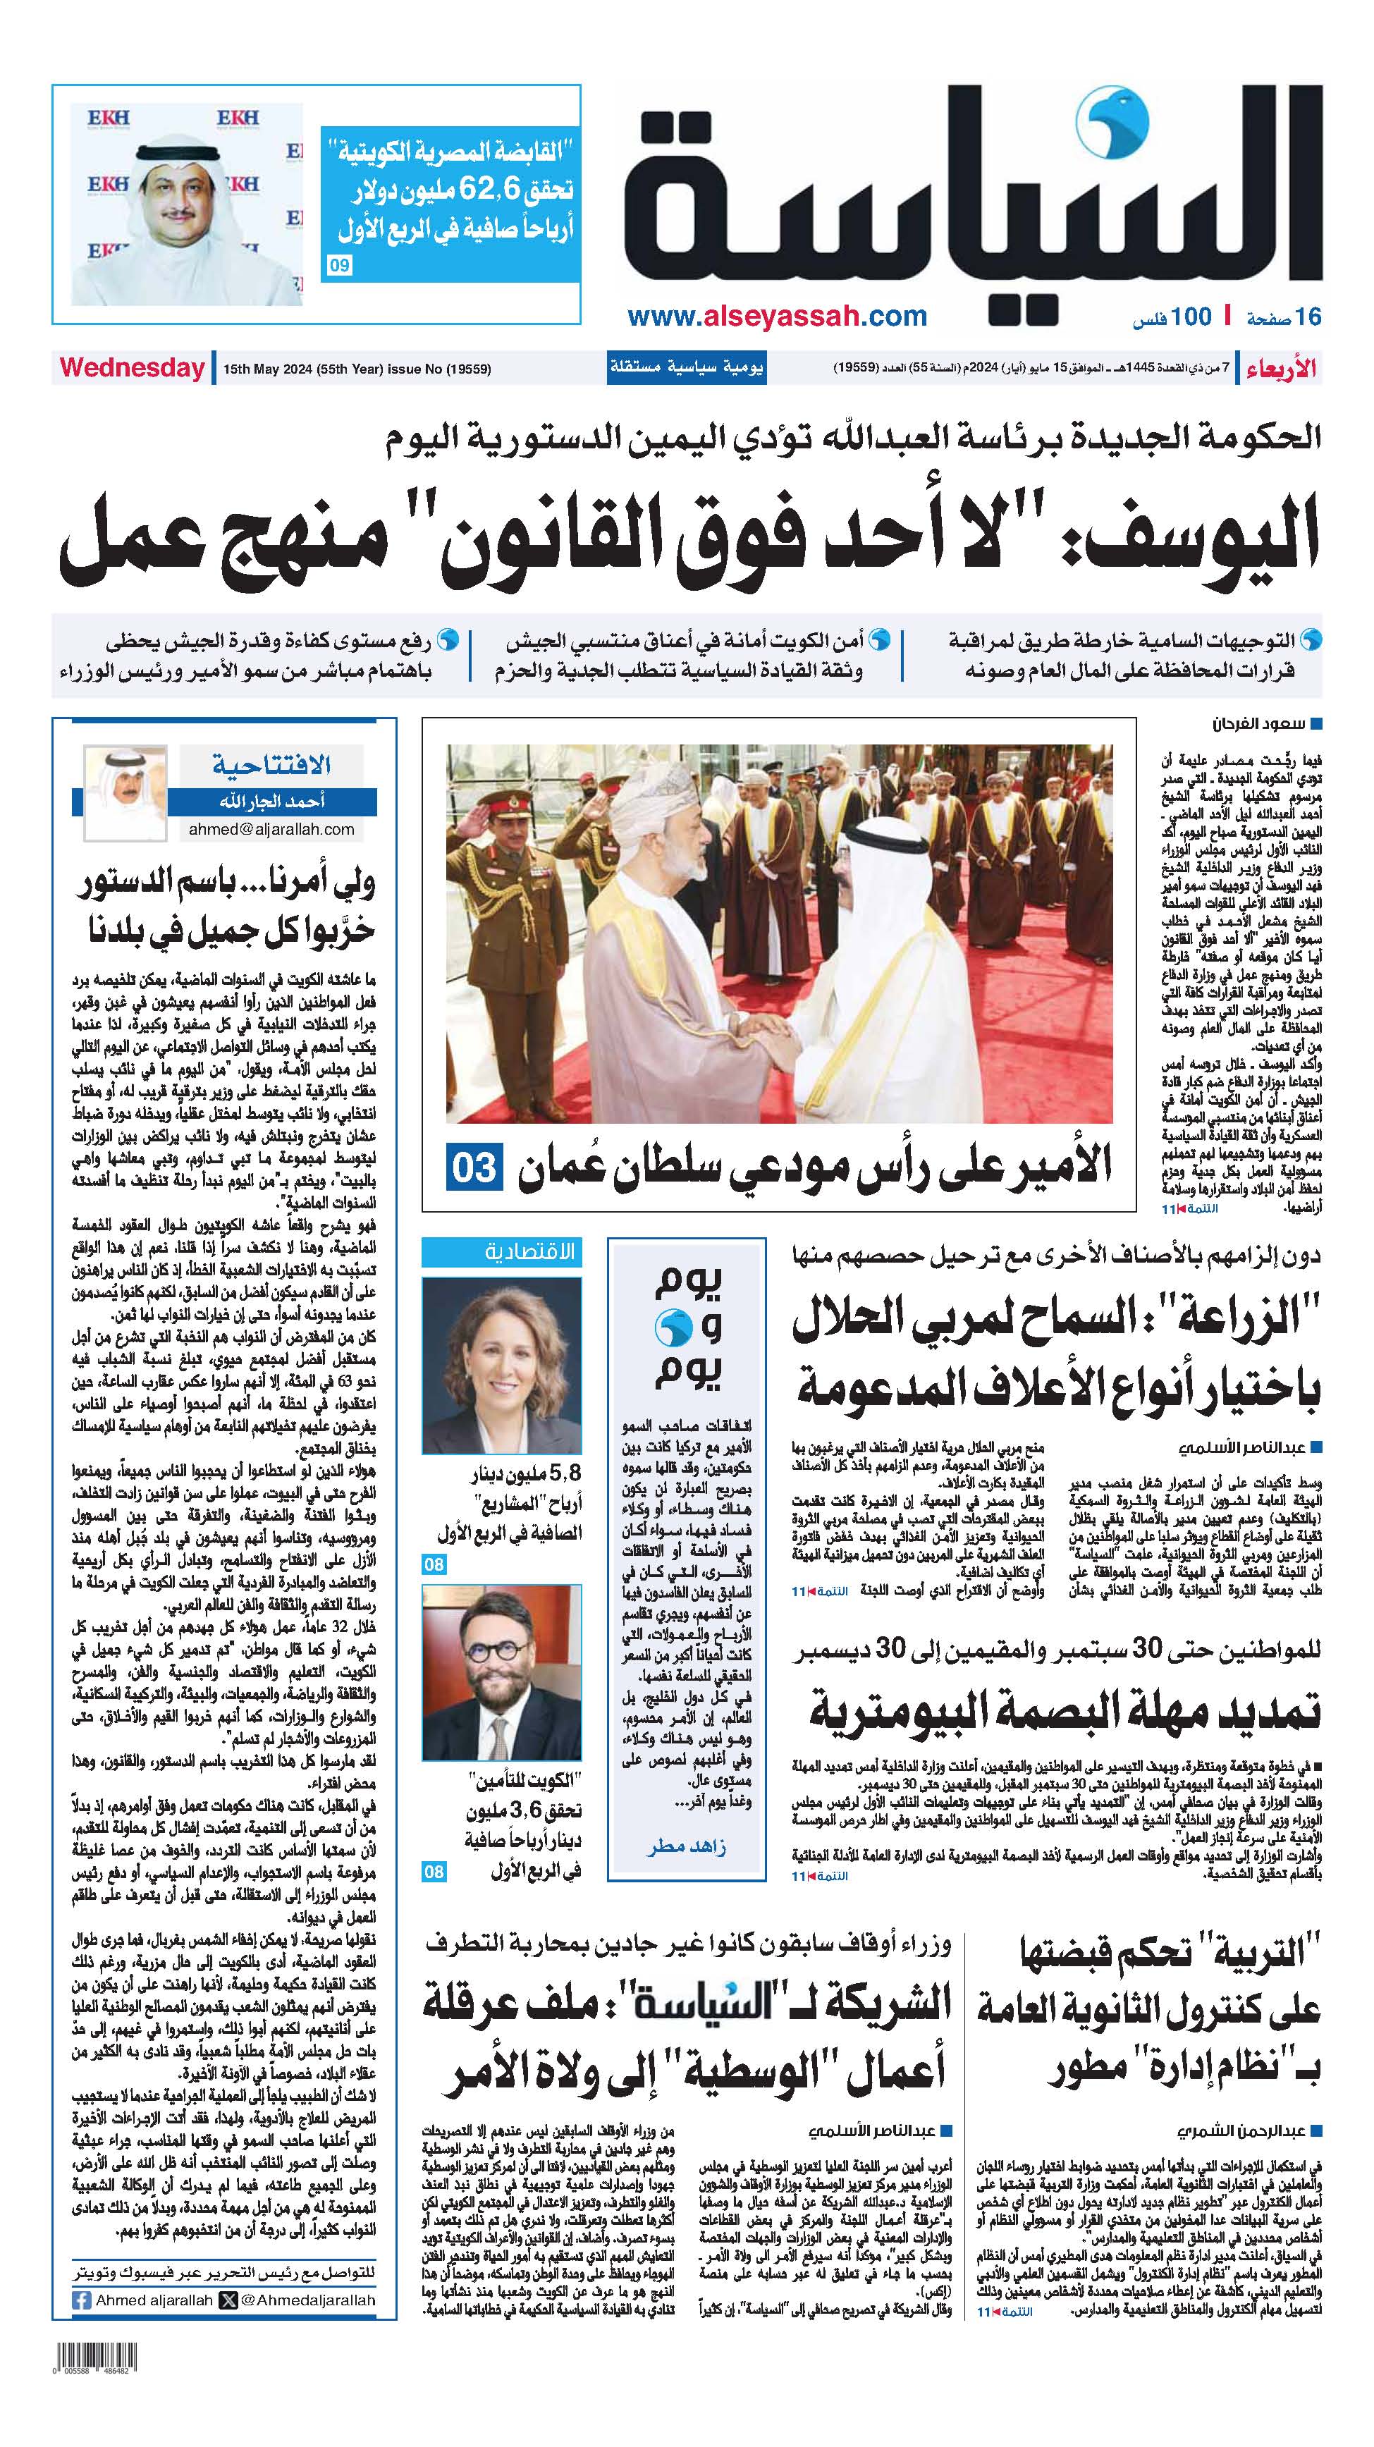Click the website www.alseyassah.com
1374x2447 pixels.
[x=776, y=317]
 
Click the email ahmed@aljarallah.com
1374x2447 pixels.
[x=271, y=829]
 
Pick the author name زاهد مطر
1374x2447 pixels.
[x=686, y=1846]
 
